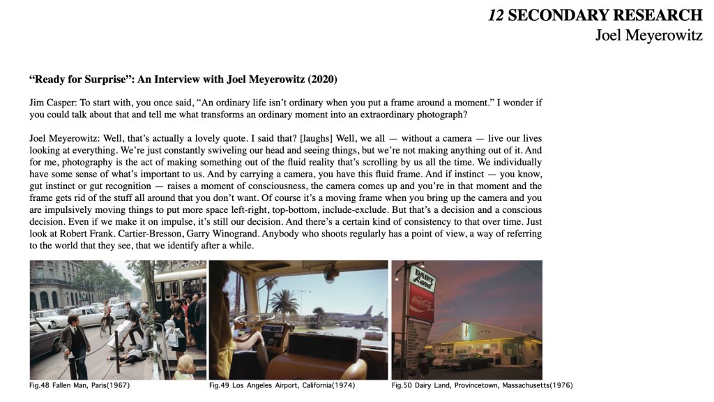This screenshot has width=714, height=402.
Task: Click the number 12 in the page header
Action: coord(496,15)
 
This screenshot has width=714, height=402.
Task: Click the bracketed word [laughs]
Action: coord(310,138)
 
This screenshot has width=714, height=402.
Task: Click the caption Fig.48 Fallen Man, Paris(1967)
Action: coord(79,385)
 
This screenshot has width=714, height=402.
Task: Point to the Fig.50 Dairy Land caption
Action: coord(482,385)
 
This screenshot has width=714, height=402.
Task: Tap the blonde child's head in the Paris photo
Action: coord(186,364)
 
